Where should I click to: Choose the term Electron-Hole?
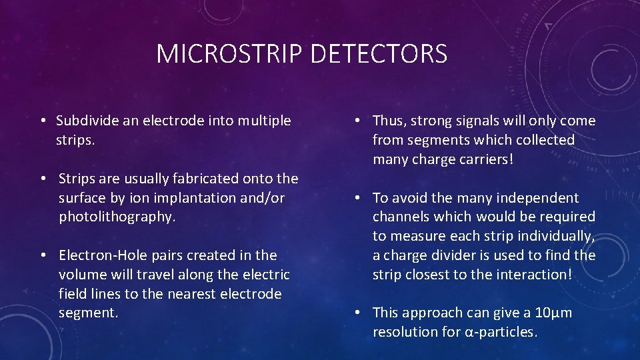(99, 255)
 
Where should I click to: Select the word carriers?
(480, 159)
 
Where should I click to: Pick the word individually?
(556, 236)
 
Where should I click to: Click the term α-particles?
(501, 332)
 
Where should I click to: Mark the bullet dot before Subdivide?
(41, 121)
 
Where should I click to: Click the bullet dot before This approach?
(358, 313)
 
